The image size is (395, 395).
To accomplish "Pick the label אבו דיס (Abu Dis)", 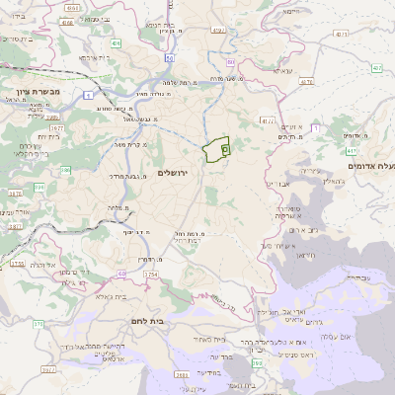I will point(276,185).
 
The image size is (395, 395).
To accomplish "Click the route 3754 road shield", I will point(150,274).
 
